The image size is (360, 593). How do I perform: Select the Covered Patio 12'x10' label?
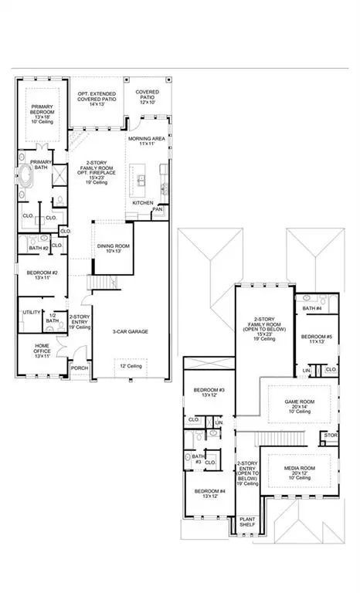(x=148, y=96)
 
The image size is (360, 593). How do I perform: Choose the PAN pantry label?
(x=158, y=208)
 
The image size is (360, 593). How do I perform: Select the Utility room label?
(x=32, y=312)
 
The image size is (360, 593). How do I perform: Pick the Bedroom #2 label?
(x=39, y=276)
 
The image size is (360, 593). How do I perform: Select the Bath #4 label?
(x=311, y=308)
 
